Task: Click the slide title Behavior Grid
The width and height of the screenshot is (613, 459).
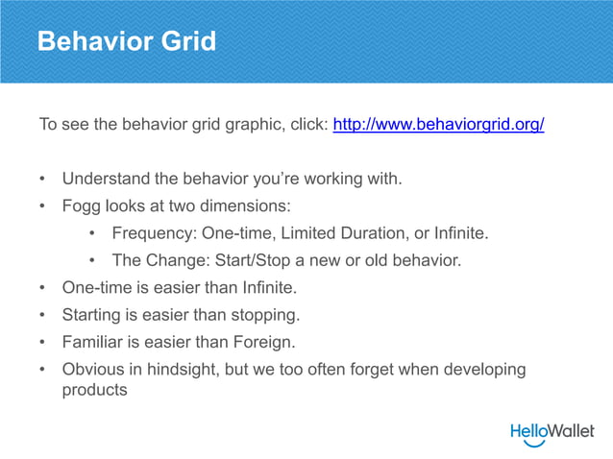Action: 126,42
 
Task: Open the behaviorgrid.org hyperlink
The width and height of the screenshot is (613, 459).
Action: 438,125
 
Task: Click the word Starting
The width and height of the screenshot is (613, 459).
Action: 95,314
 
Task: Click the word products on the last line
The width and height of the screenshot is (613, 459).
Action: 94,390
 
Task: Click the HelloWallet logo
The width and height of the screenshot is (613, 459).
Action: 552,432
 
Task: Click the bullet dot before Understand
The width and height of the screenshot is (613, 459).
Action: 42,180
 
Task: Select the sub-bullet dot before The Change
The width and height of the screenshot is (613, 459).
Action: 92,260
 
